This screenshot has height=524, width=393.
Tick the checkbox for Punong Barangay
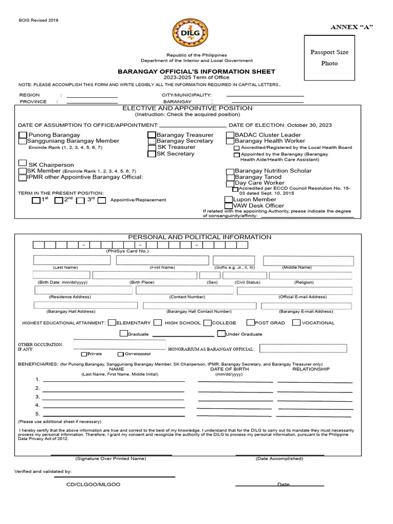pyautogui.click(x=23, y=135)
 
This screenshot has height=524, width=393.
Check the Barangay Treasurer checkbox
pyautogui.click(x=152, y=135)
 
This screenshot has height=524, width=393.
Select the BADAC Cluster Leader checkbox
pyautogui.click(x=230, y=135)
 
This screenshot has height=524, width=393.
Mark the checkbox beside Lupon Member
pyautogui.click(x=229, y=200)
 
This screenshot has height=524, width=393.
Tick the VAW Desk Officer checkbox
pyautogui.click(x=229, y=206)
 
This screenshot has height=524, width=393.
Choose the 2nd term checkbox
pyautogui.click(x=59, y=200)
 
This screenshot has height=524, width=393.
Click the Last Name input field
pyautogui.click(x=72, y=260)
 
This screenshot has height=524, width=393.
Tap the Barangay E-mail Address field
pyautogui.click(x=307, y=306)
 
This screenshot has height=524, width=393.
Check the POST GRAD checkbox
pyautogui.click(x=251, y=323)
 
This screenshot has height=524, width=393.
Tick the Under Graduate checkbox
pyautogui.click(x=221, y=334)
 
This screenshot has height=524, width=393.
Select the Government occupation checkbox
pyautogui.click(x=121, y=354)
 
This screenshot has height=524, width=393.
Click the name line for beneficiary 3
pyautogui.click(x=113, y=396)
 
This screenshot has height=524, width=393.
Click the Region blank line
pyautogui.click(x=92, y=96)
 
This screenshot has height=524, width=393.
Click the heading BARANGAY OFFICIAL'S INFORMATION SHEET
pyautogui.click(x=196, y=72)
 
